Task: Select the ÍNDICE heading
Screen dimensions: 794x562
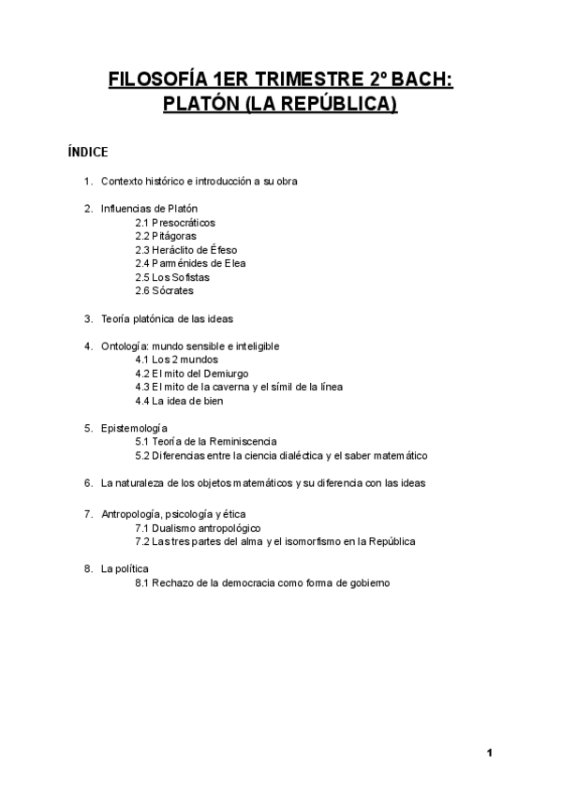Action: coord(88,152)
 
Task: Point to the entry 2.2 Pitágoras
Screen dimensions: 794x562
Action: coord(166,236)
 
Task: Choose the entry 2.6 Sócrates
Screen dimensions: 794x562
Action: coord(165,291)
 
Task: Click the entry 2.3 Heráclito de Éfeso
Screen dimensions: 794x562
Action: coord(185,250)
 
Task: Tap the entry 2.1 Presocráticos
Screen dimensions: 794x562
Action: coord(175,223)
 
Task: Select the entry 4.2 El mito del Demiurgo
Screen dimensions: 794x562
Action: coord(191,374)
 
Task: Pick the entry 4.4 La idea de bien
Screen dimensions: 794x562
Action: coord(179,401)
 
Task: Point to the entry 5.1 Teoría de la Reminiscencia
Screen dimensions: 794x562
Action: coord(206,442)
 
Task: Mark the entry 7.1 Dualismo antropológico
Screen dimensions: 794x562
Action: coord(198,528)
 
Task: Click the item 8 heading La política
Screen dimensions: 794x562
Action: coord(125,568)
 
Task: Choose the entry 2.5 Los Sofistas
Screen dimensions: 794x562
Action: coord(172,277)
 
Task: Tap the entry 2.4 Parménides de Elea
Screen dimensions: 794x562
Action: coord(190,263)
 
